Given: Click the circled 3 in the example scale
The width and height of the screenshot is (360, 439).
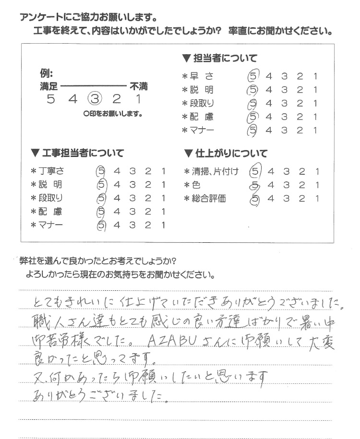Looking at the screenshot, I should pos(95,99).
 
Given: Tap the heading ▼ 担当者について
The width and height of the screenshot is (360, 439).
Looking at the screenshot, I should pos(219,59).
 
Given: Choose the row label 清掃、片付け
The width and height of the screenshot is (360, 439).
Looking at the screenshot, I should pos(214,171).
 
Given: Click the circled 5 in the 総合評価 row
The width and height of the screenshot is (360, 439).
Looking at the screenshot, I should pos(255,198).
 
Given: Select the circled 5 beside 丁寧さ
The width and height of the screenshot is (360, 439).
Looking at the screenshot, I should pos(101,171).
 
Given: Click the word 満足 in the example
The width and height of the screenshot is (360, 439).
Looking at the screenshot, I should pos(49,87).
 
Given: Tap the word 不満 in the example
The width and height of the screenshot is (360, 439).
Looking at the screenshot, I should pos(138,87).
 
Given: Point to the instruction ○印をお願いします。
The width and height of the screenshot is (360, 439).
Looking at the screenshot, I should pos(113,114).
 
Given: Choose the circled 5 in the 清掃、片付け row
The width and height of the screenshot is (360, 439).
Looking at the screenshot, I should pos(255,171).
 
